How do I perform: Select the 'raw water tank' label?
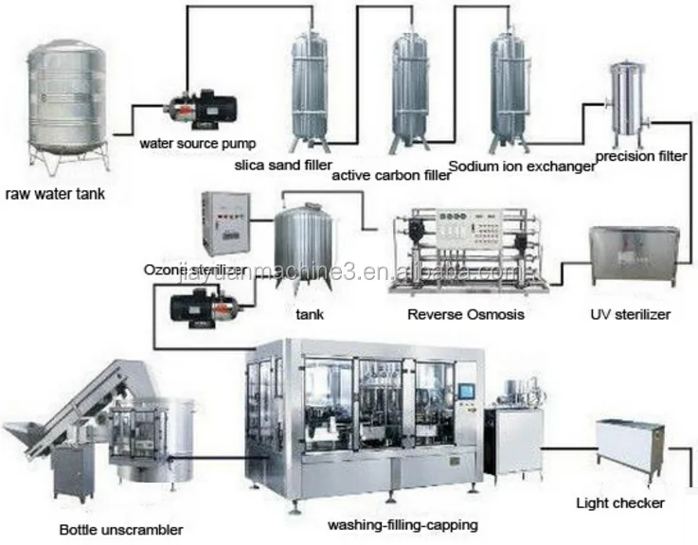54,196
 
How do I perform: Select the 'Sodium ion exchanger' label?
522,166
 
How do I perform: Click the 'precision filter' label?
639,156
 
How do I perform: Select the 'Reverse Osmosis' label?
465,313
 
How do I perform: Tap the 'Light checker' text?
620,503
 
